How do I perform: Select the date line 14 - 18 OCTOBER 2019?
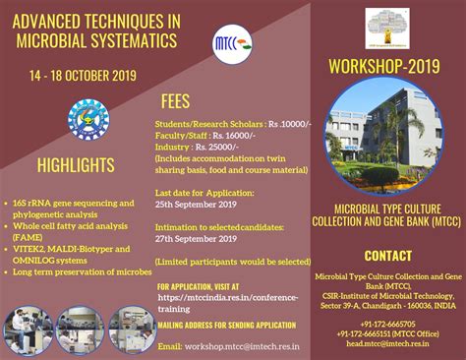[x=82, y=75]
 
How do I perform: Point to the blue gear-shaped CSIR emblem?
[x=87, y=121]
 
